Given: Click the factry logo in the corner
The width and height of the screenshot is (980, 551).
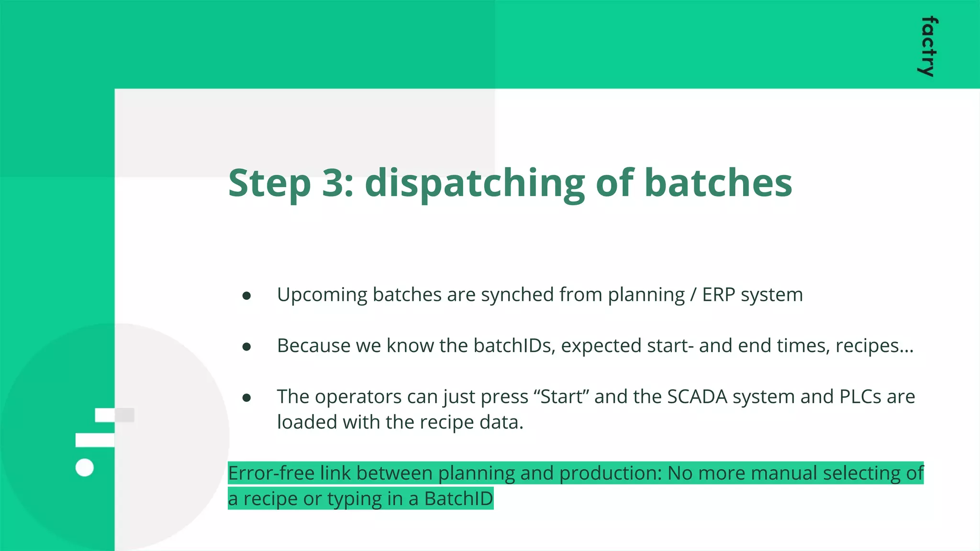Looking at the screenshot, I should point(928,46).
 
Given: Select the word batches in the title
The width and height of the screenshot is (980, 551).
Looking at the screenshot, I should point(718,183).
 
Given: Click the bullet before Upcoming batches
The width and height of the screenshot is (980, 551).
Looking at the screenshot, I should point(247,296).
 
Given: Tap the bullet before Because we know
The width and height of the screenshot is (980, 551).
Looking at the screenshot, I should point(247,347).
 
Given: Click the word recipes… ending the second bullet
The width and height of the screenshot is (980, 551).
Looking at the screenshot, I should point(874,346).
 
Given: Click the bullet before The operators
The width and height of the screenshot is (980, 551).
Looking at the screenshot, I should point(247,398).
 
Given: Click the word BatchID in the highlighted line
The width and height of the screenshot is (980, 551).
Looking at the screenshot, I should point(458,499).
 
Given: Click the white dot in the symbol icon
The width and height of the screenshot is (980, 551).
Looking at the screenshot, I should point(85,467).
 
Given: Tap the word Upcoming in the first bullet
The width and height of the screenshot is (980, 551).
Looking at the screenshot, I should point(322,295).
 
